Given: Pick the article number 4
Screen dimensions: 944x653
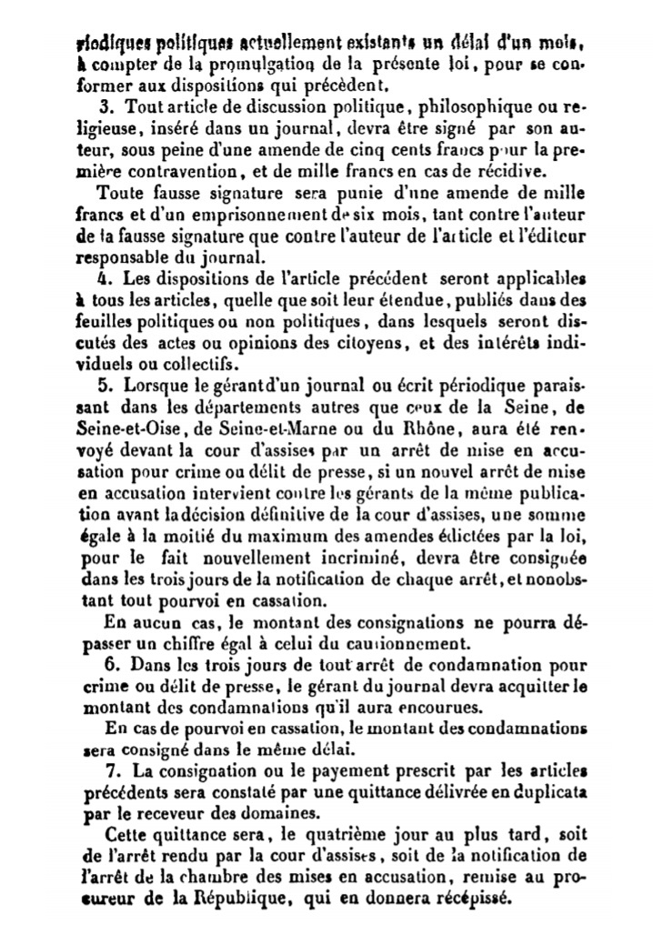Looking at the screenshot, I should (104, 276).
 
